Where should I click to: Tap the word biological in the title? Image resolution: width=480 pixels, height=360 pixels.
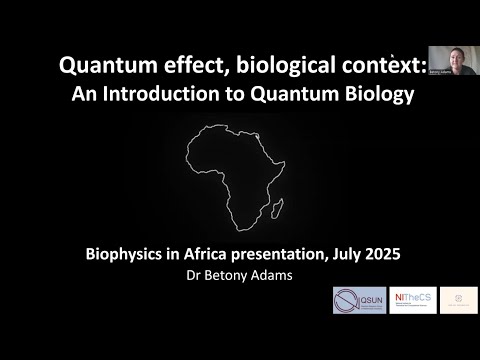(x=279, y=66)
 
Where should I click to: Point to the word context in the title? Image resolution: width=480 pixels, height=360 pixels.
(x=378, y=66)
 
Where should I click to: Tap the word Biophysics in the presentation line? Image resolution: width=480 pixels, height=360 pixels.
(x=126, y=254)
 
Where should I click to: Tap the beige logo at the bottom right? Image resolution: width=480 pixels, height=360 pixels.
(x=459, y=300)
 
